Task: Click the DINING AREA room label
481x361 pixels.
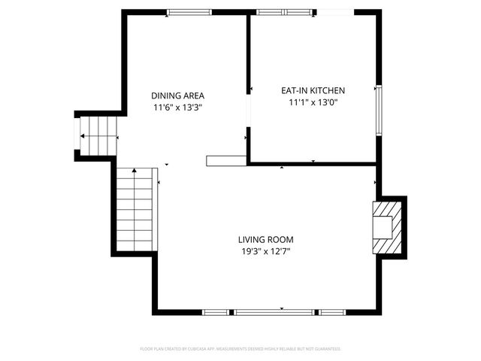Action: pyautogui.click(x=177, y=96)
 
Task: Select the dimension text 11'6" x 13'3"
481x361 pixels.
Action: pyautogui.click(x=177, y=108)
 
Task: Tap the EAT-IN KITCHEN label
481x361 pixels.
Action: pyautogui.click(x=313, y=90)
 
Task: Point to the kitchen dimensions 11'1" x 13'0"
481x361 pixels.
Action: pyautogui.click(x=313, y=102)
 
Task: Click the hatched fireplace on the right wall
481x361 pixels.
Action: pyautogui.click(x=389, y=227)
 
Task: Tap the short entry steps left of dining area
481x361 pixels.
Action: pyautogui.click(x=100, y=136)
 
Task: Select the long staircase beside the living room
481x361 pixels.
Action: pyautogui.click(x=135, y=211)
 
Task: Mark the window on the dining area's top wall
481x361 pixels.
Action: pyautogui.click(x=189, y=12)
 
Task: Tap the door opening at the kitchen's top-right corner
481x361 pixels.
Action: pyautogui.click(x=334, y=12)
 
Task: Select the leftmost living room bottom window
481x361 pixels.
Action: pyautogui.click(x=216, y=311)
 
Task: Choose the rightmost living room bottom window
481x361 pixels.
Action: pyautogui.click(x=332, y=311)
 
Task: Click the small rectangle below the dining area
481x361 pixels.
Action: pyautogui.click(x=227, y=160)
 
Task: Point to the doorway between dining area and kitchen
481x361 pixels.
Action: pyautogui.click(x=248, y=117)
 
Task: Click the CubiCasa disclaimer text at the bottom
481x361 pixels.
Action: pyautogui.click(x=240, y=349)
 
